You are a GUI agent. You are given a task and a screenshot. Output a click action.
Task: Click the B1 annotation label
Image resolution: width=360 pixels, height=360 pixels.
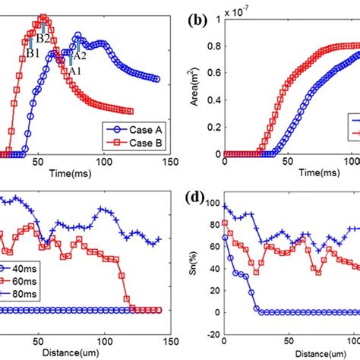32,52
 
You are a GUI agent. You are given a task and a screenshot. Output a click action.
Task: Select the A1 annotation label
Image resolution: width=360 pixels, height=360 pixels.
74,71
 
